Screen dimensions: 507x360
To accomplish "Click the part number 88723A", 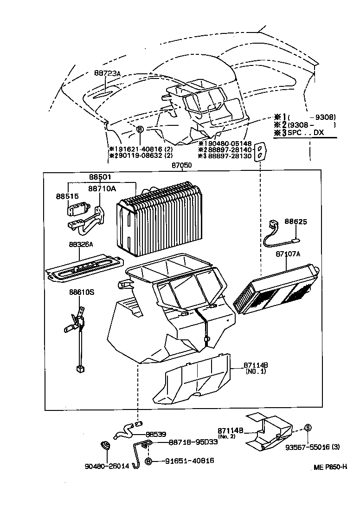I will [x=107, y=73].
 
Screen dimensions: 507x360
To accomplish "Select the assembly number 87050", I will [x=181, y=165].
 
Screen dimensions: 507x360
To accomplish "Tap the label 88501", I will [x=101, y=176].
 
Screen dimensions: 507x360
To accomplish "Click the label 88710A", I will [x=102, y=189].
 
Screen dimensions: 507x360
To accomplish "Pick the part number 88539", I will [x=156, y=434].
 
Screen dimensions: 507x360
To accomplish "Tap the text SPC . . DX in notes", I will [x=306, y=133].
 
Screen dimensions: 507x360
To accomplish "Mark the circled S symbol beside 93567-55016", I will [x=307, y=427].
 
